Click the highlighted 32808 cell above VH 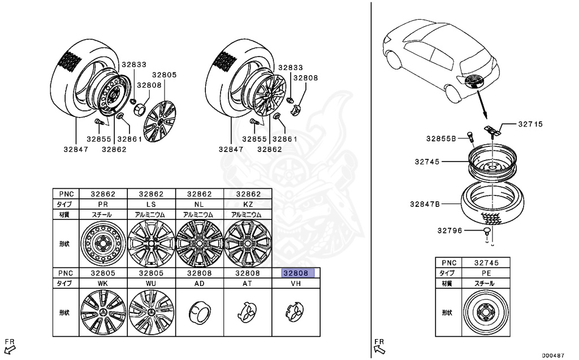tap(296, 273)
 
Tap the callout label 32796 tap(449, 230)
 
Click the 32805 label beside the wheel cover tap(165, 75)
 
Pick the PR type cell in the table tap(103, 203)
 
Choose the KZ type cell tap(248, 203)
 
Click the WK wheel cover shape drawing tap(103, 311)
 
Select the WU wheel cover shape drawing tap(152, 311)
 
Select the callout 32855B tap(441, 138)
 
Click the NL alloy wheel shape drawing tap(200, 243)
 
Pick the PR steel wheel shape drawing tap(103, 243)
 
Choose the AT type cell tap(248, 284)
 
